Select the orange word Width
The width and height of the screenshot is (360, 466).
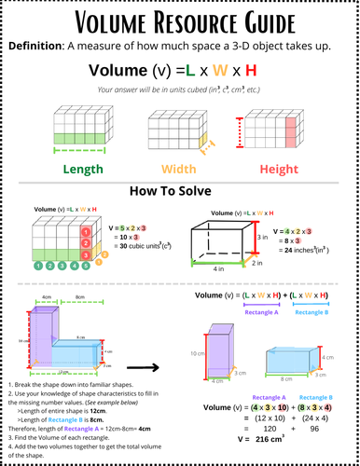click(x=180, y=169)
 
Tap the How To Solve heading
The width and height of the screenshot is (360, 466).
click(x=180, y=191)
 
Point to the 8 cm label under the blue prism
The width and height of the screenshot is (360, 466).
click(x=283, y=381)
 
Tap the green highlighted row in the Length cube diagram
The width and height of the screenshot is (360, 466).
click(x=58, y=139)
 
